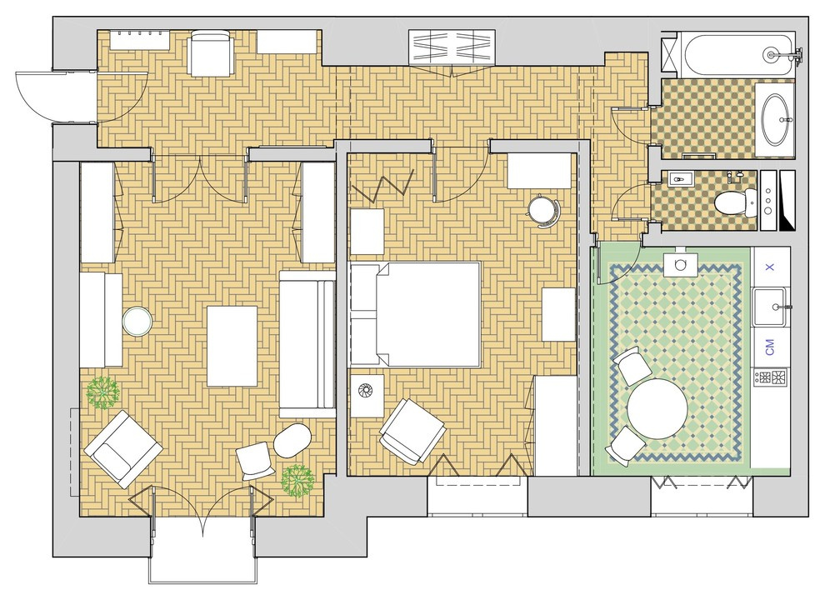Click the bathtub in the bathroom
pyautogui.click(x=738, y=54)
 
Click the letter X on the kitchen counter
pyautogui.click(x=770, y=267)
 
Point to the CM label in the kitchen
pyautogui.click(x=770, y=347)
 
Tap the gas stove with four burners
pyautogui.click(x=770, y=377)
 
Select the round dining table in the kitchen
pyautogui.click(x=657, y=409)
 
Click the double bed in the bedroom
pyautogui.click(x=416, y=314)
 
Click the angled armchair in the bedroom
pyautogui.click(x=412, y=430)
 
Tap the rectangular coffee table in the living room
pyautogui.click(x=232, y=346)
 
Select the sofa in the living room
pyautogui.click(x=307, y=344)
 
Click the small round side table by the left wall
pyautogui.click(x=137, y=321)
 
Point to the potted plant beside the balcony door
pyautogui.click(x=297, y=481)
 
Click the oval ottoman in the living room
pyautogui.click(x=292, y=441)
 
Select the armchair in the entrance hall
pyautogui.click(x=210, y=53)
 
